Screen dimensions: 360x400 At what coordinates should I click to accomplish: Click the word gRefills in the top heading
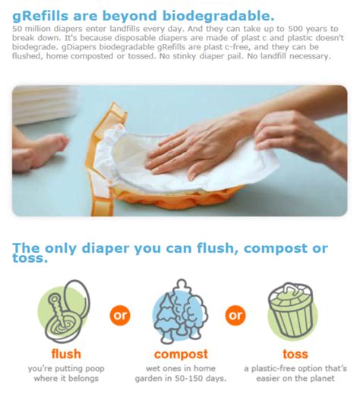(x=40, y=16)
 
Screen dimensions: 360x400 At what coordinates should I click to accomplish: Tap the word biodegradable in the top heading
(x=219, y=16)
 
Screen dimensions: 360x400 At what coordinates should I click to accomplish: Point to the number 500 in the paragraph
(x=295, y=29)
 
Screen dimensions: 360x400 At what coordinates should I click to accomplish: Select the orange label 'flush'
(x=66, y=354)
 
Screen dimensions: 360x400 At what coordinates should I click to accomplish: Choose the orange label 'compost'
(x=181, y=354)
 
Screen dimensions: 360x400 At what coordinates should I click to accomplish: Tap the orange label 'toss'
(x=295, y=354)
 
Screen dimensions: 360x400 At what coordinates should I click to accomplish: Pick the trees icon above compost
(x=180, y=311)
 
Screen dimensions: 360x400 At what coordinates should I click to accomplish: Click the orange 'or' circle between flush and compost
(x=120, y=315)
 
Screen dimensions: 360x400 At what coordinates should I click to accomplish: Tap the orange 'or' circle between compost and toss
(x=235, y=315)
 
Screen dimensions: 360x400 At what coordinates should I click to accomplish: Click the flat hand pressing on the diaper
(x=194, y=150)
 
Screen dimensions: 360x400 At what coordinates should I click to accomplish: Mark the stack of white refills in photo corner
(x=43, y=105)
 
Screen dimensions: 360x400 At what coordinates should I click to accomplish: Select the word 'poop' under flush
(x=95, y=369)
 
